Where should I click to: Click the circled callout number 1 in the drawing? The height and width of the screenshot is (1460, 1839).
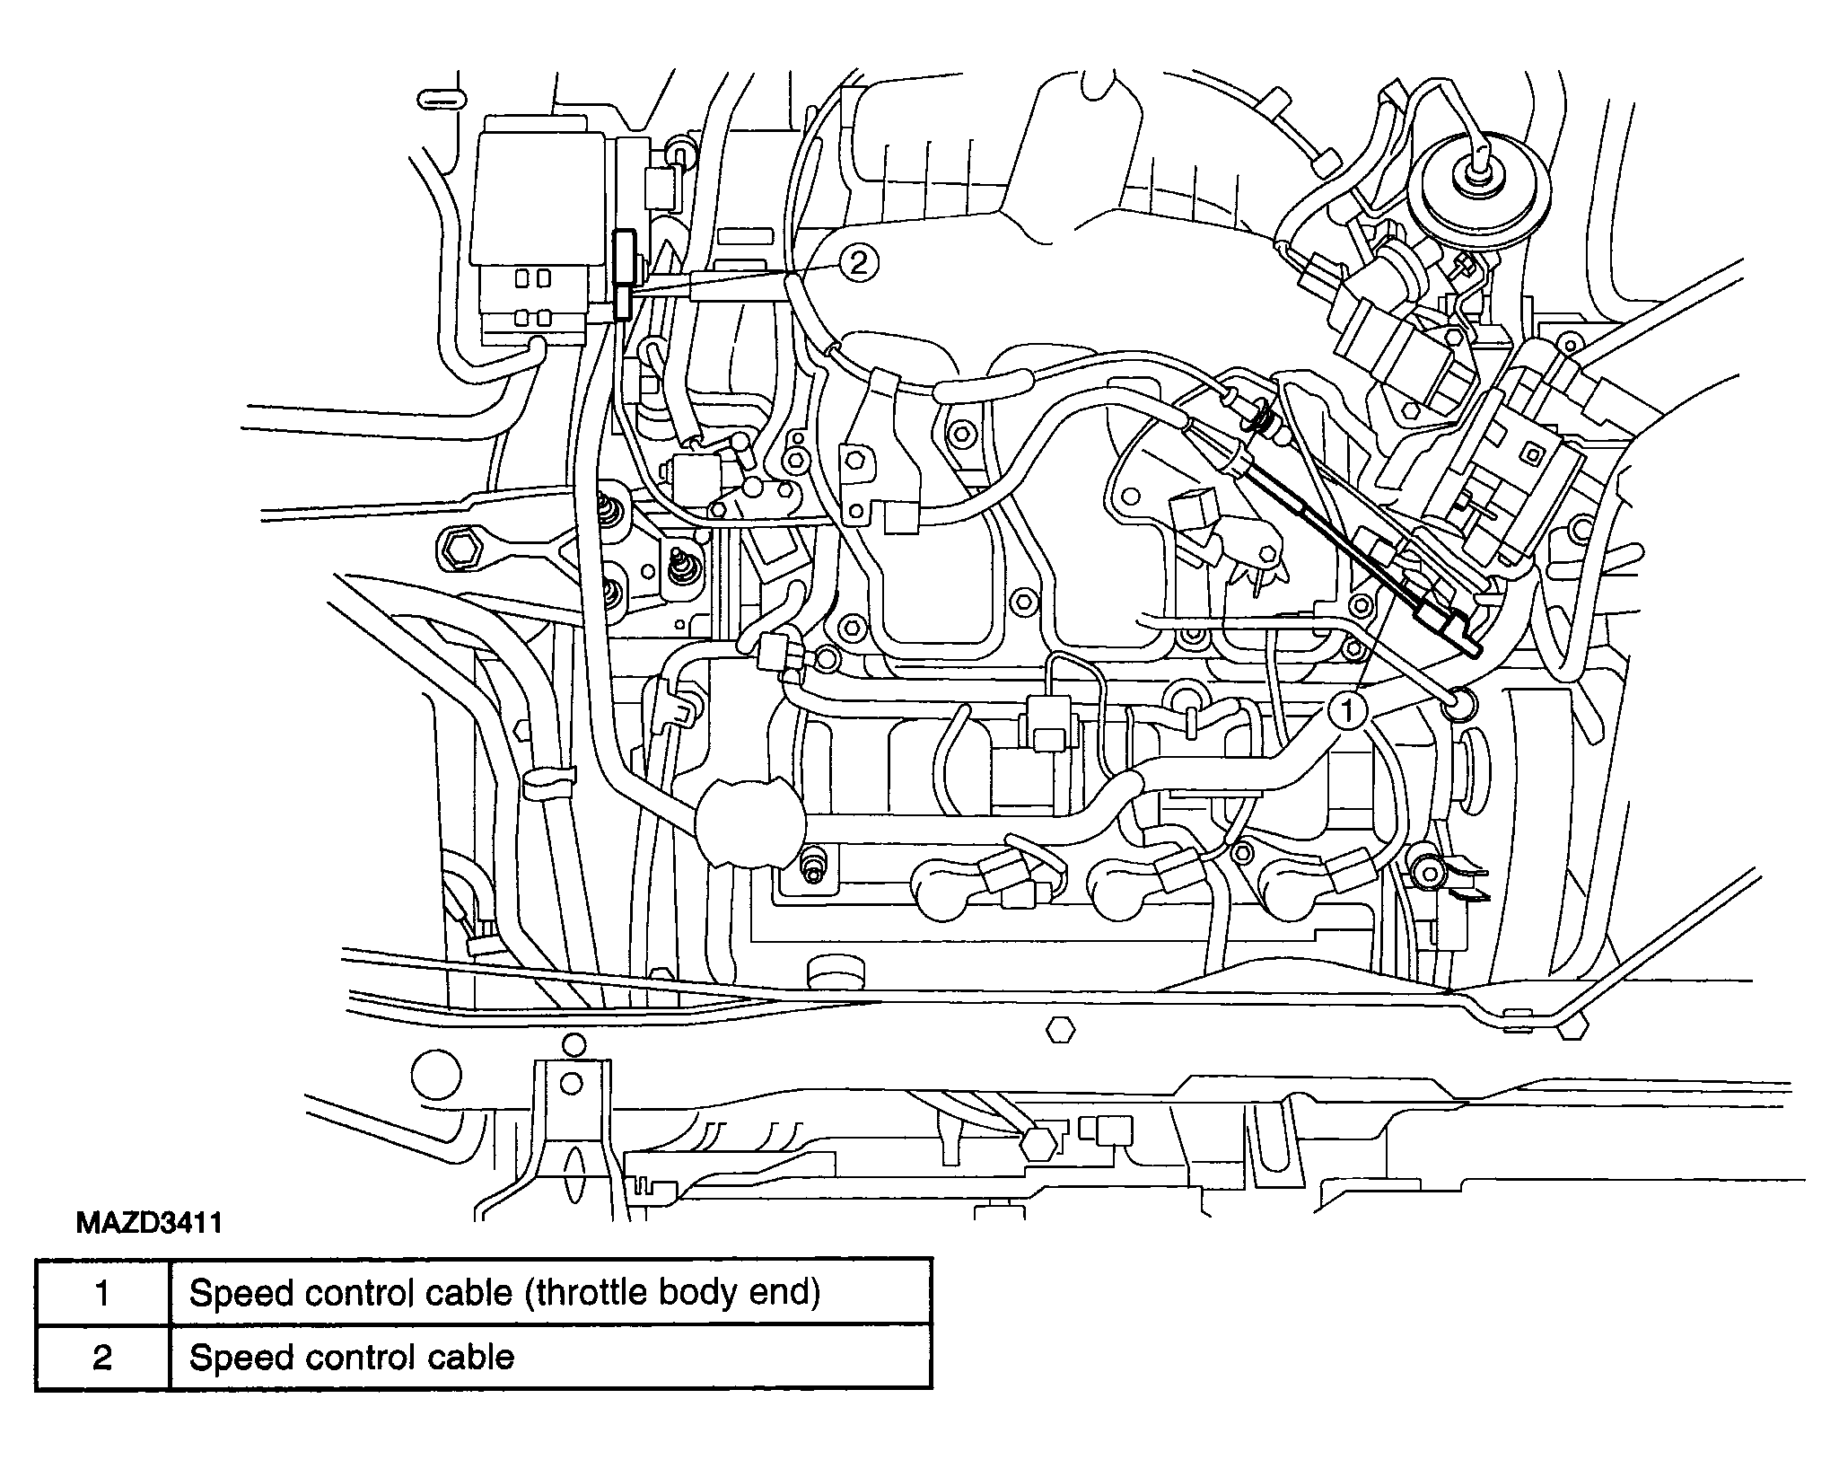coord(1346,711)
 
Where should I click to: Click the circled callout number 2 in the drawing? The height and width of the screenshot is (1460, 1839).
coord(858,263)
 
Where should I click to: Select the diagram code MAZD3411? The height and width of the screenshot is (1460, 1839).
coord(149,1224)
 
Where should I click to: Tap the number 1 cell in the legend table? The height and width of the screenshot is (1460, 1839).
coord(102,1292)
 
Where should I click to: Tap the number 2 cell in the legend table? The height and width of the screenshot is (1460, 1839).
coord(102,1357)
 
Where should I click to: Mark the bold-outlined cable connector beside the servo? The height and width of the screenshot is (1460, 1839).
coord(623,275)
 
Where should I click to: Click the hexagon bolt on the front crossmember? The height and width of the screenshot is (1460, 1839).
coord(1061,1028)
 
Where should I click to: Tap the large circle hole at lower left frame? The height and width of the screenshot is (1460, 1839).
coord(436,1076)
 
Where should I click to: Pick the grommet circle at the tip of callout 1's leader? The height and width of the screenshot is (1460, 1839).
coord(1458,705)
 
